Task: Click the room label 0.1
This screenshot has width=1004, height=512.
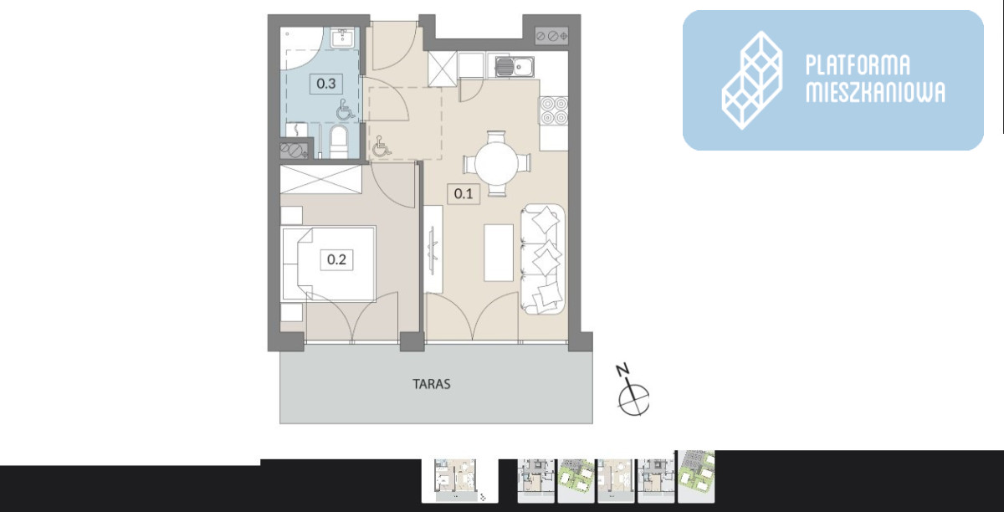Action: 464,194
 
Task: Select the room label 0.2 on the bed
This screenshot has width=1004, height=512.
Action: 336,259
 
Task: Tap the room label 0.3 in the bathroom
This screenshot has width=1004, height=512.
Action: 326,84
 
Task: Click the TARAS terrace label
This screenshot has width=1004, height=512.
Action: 432,384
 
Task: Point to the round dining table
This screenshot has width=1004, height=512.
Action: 497,163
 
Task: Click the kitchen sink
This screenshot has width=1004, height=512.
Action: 515,67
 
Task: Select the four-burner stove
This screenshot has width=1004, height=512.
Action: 554,110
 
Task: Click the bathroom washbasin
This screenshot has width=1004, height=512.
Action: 343,38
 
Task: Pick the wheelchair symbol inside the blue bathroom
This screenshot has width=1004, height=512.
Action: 344,110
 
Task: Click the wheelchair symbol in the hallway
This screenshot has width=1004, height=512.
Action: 381,146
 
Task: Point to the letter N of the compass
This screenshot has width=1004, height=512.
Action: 622,370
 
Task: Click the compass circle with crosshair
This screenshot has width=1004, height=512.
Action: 634,399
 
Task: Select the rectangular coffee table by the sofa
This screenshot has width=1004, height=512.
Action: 499,253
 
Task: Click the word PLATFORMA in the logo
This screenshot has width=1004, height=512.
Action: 858,65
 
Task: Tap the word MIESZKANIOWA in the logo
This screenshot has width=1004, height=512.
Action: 875,93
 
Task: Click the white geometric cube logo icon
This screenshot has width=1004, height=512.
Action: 751,80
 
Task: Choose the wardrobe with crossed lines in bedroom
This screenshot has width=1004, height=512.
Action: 321,179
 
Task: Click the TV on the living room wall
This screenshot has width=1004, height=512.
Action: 433,249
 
